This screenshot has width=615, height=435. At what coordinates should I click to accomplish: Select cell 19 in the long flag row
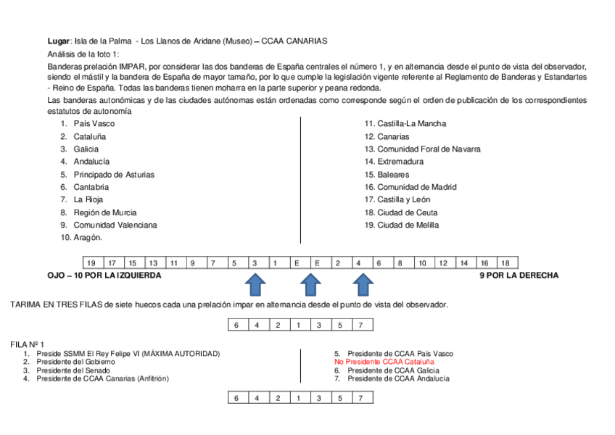(x=91, y=263)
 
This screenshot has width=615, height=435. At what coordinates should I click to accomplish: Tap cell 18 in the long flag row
(x=505, y=263)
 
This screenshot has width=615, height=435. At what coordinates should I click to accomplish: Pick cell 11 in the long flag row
(x=174, y=263)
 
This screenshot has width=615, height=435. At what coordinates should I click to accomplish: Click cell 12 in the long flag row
(x=443, y=263)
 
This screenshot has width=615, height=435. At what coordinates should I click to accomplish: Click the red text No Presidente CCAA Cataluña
(x=384, y=361)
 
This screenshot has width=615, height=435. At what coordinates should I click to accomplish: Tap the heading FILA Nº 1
(x=28, y=344)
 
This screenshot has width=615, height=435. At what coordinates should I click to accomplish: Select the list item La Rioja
(x=88, y=199)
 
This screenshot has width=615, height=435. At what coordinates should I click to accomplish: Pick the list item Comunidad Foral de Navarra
(x=429, y=149)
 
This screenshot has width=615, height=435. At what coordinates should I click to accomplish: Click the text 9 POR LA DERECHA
(x=519, y=275)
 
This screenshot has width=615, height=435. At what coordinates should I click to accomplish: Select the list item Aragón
(x=88, y=238)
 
